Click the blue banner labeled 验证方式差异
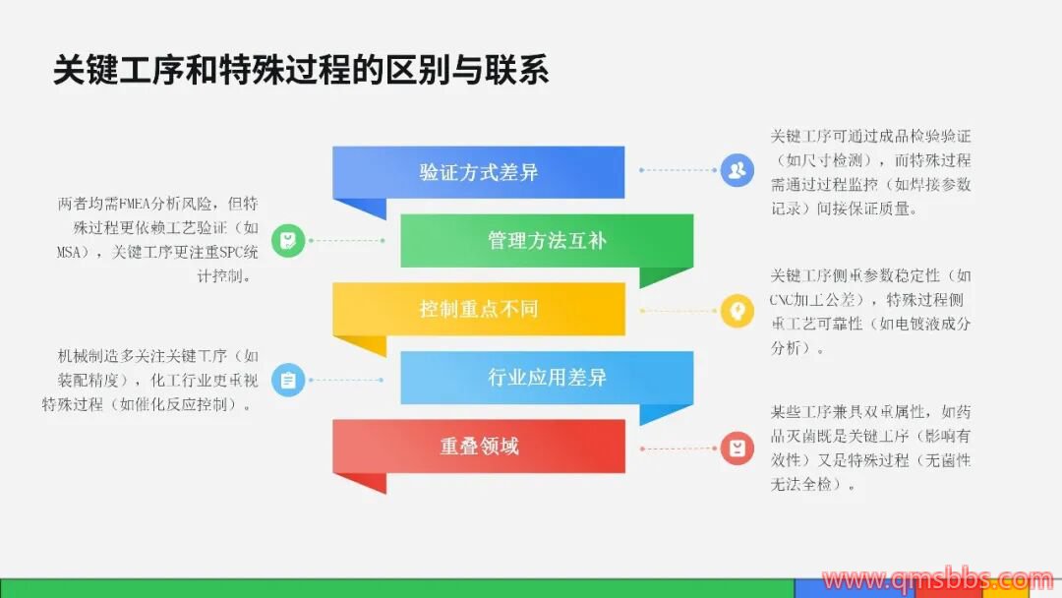click(x=478, y=173)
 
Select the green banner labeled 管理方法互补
click(x=547, y=240)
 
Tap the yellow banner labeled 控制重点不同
click(x=478, y=309)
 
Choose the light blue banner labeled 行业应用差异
click(x=547, y=378)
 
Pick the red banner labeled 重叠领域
click(x=478, y=447)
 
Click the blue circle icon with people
click(x=737, y=170)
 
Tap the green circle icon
click(x=288, y=240)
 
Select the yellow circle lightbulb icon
click(x=737, y=311)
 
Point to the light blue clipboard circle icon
click(x=288, y=380)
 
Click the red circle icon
click(x=737, y=448)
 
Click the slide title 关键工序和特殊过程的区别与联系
click(x=301, y=70)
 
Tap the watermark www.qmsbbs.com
click(x=938, y=580)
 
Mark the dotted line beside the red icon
click(x=678, y=448)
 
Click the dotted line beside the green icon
click(x=346, y=240)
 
